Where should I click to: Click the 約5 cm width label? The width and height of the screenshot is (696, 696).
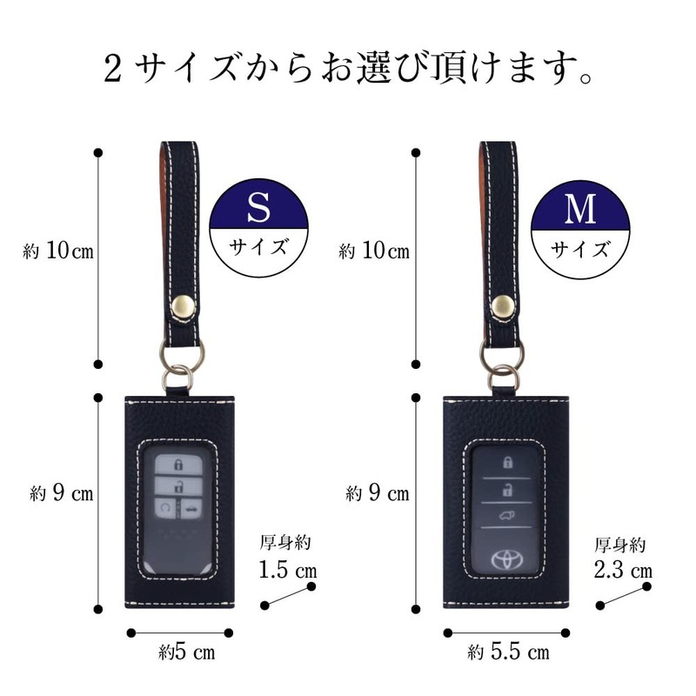pyautogui.click(x=187, y=651)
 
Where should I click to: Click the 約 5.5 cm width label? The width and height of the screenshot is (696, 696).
pyautogui.click(x=508, y=651)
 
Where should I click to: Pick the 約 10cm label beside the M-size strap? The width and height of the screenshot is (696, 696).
pyautogui.click(x=374, y=251)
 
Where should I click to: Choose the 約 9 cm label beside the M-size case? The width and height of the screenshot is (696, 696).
pyautogui.click(x=377, y=493)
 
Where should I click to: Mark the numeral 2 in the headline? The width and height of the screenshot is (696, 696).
pyautogui.click(x=111, y=67)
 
